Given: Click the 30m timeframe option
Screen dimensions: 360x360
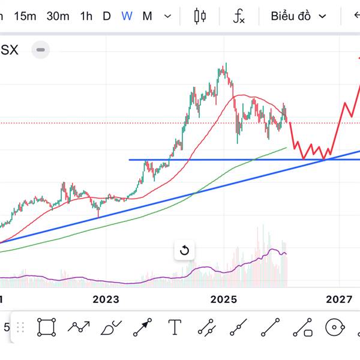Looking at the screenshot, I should coord(58,16).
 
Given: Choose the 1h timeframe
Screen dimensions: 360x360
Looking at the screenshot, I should coord(86,16).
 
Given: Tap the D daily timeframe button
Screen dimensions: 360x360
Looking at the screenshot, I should coord(107,16).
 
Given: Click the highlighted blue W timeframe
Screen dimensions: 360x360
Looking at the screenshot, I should coord(127,16).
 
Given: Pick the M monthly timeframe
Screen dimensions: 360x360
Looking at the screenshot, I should coord(147,16).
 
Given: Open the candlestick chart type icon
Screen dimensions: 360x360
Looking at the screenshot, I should coord(200,16).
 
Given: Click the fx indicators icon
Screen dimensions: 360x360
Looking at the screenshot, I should coord(239,16).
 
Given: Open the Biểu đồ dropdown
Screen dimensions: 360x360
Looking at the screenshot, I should coord(298,16).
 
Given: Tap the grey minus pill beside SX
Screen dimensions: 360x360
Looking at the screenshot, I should coord(41,50).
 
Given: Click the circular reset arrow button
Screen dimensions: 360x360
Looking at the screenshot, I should coord(185,250).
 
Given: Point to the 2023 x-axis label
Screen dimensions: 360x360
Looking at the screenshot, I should coord(106,299).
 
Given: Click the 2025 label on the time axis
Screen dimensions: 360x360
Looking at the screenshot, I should coord(224,299).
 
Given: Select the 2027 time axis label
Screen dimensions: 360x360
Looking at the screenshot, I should coord(340,299).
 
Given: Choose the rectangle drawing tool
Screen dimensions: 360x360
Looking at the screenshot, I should coord(46,328).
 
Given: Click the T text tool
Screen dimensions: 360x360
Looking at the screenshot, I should coord(175,328).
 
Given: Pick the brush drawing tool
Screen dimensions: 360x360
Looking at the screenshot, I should coord(111,328).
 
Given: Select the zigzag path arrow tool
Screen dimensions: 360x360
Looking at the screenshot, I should coord(79,328).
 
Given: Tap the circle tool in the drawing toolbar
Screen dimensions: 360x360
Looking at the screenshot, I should coord(335,328).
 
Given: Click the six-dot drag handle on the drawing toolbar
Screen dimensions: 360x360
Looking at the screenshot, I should coord(20,328).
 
